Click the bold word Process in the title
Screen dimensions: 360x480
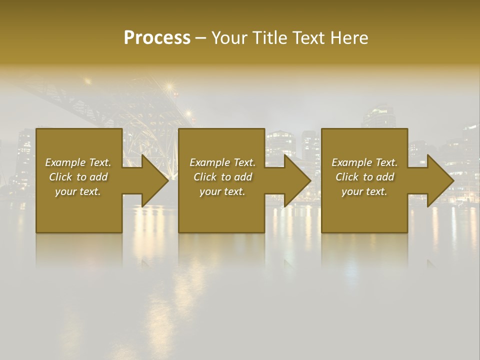pos(157,37)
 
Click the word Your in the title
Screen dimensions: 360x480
pos(230,37)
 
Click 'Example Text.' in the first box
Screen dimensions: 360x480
pos(78,162)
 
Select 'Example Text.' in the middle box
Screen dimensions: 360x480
pos(222,162)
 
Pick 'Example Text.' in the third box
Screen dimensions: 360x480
pos(364,162)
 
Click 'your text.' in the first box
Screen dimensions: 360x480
pos(78,191)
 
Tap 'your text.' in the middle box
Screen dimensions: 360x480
pos(222,191)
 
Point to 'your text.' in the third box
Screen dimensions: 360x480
pos(364,191)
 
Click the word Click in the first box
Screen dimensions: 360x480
pos(60,177)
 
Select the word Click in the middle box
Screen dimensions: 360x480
pos(205,177)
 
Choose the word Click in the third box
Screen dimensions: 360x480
pos(347,177)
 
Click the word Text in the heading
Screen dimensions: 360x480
pos(308,37)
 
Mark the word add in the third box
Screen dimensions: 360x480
pos(386,177)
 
